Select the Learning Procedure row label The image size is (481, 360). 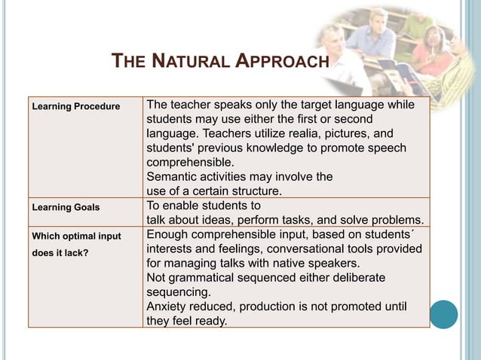click(75, 106)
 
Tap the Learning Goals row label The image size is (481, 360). click(66, 206)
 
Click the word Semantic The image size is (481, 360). click(171, 177)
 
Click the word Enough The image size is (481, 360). click(167, 235)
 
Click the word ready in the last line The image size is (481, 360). click(210, 321)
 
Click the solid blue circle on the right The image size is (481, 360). click(443, 314)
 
